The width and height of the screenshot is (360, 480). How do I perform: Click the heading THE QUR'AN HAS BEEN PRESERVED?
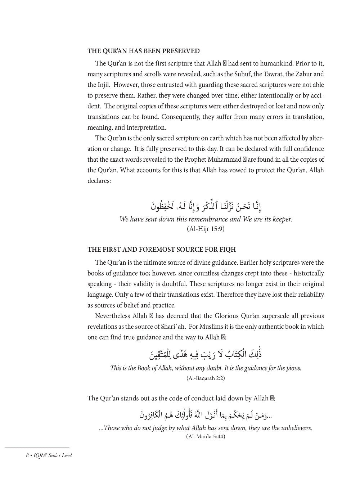coord(143,51)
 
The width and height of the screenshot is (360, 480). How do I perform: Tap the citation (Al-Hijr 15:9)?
coord(206,229)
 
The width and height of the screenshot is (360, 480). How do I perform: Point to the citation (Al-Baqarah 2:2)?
coord(206,378)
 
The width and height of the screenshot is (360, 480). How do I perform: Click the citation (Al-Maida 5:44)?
coord(206,437)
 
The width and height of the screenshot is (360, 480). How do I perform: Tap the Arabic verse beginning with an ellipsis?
coord(206,415)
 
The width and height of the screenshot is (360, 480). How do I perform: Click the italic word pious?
coord(292,368)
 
